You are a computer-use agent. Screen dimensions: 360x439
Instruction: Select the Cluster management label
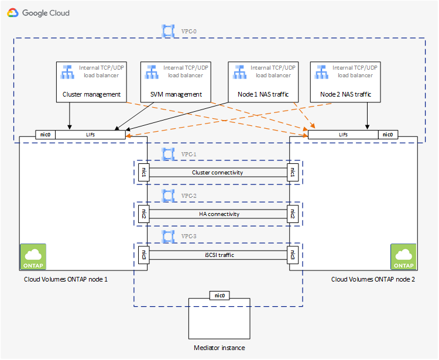(91, 94)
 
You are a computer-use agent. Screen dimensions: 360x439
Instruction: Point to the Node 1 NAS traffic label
(263, 94)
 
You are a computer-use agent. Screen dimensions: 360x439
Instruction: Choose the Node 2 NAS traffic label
(345, 94)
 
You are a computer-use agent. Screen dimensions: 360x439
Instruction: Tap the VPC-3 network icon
(169, 236)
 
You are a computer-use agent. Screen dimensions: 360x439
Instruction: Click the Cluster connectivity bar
(217, 173)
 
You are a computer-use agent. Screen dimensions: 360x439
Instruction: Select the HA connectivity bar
(217, 214)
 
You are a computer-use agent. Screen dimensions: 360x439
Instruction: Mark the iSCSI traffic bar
(217, 255)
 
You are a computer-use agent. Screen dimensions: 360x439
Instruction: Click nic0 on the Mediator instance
(220, 295)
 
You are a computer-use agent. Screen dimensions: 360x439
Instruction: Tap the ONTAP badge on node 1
(33, 257)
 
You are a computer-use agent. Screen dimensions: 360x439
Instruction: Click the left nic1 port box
(142, 173)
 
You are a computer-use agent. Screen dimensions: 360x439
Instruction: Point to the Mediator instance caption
(220, 348)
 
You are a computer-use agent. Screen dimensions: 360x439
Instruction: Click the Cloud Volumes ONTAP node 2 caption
(373, 279)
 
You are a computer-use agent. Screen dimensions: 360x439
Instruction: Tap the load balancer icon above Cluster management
(68, 71)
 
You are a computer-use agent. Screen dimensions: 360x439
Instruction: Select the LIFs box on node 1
(90, 135)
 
